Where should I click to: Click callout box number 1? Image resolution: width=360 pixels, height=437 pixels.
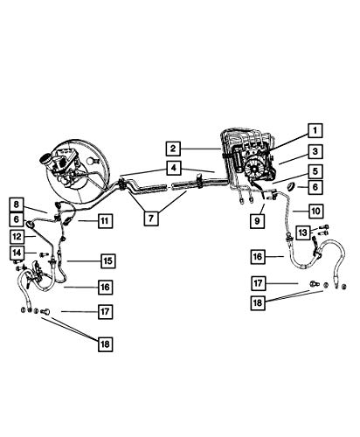click(x=315, y=130)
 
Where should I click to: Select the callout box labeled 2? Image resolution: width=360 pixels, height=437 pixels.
click(x=173, y=149)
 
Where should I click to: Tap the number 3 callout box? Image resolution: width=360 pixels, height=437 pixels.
click(x=315, y=151)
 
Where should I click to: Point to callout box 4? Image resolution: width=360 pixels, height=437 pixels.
click(x=174, y=168)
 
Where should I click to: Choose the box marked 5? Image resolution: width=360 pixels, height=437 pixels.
click(x=315, y=171)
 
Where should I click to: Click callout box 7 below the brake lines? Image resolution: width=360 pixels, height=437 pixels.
click(x=151, y=218)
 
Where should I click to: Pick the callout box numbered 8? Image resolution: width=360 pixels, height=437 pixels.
click(x=16, y=205)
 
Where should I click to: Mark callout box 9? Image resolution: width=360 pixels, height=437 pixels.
click(x=257, y=221)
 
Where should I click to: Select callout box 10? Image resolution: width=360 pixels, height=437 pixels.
click(x=315, y=211)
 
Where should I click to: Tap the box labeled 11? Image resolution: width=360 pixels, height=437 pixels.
click(x=105, y=220)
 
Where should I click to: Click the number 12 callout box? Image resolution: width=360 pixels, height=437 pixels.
click(x=17, y=237)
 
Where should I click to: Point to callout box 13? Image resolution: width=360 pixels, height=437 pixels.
click(x=303, y=232)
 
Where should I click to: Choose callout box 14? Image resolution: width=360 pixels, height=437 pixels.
click(x=17, y=253)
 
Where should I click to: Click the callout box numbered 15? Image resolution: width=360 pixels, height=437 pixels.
click(x=108, y=260)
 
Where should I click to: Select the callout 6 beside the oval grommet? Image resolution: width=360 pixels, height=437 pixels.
click(x=315, y=187)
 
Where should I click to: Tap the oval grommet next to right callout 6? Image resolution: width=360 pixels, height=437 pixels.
click(x=291, y=186)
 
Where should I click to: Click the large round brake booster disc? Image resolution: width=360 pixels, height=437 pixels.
click(x=76, y=171)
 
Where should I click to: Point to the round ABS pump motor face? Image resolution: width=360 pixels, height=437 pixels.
click(x=253, y=169)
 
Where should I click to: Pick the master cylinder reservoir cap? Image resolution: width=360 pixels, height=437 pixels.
click(x=45, y=159)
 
